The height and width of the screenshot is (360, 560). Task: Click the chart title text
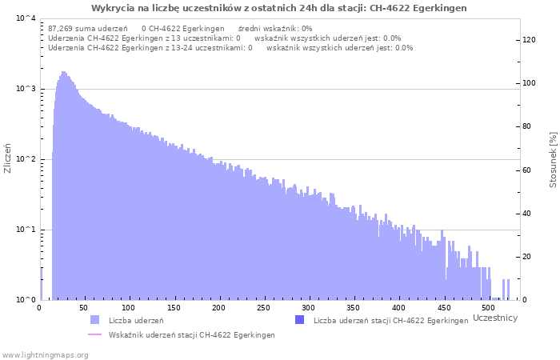point(278,8)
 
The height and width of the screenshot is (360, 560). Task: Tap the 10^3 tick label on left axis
point(26,89)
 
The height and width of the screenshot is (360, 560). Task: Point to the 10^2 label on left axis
point(26,159)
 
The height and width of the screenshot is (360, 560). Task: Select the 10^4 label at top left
point(26,18)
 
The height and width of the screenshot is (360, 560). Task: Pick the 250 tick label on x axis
point(263,308)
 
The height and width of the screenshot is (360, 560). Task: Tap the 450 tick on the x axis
point(443,308)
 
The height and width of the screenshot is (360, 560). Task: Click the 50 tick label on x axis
point(83,308)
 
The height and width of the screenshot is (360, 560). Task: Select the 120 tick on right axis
point(529,40)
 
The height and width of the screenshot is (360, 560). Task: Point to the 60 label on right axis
point(526,170)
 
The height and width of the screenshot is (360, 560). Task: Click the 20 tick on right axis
point(526,257)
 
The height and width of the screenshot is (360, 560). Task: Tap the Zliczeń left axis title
point(7,158)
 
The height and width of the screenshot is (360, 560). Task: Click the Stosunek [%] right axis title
point(553,160)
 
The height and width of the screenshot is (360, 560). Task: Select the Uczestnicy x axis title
point(495,318)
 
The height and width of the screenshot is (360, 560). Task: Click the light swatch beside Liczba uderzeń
point(95,320)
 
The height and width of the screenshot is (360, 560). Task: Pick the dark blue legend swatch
point(300,320)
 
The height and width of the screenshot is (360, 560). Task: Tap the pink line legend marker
point(94,334)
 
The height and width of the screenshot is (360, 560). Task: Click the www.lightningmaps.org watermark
point(45,355)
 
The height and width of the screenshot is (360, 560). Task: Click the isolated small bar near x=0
point(41,284)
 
